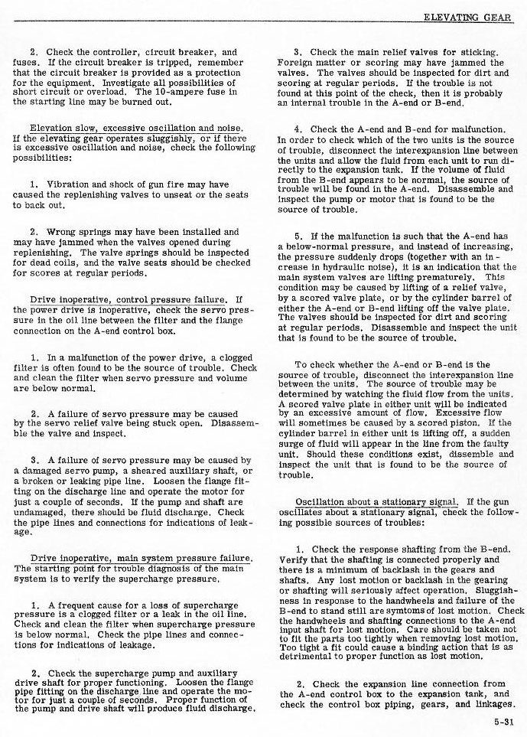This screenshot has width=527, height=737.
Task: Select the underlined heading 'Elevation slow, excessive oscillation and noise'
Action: [131, 128]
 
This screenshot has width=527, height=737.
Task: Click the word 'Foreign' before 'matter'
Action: [297, 63]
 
